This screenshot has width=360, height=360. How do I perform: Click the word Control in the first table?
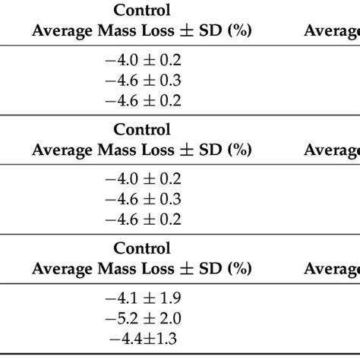pos(142,11)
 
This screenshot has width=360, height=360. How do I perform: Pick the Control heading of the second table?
pos(142,129)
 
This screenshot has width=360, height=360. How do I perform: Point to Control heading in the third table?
pos(142,248)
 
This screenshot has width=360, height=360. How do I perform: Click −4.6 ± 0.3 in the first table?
pos(142,79)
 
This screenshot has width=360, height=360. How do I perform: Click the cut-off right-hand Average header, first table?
pos(332,31)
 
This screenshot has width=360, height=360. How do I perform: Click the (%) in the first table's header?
pos(239,31)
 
